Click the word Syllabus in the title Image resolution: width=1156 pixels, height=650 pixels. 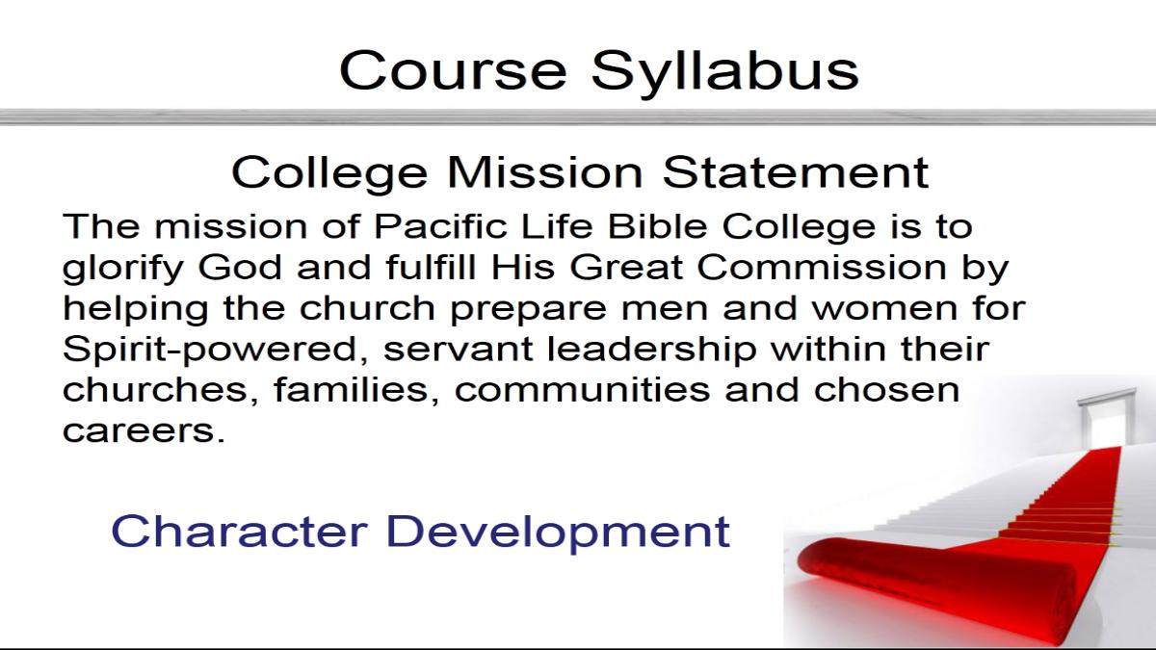point(724,73)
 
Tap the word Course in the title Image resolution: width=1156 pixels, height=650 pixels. point(453,70)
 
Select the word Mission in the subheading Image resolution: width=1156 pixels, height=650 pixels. point(544,171)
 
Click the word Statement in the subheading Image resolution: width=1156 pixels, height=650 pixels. point(796,171)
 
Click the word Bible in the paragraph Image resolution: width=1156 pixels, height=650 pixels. point(658,226)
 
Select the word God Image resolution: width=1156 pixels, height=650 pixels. point(240,267)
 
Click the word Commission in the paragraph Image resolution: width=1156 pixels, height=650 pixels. point(822,267)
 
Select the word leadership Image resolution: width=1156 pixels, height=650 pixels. point(651,351)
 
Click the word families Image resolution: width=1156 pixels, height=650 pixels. point(356,390)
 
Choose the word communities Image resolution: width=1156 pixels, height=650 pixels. point(582,390)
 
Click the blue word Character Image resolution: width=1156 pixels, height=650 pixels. point(240,531)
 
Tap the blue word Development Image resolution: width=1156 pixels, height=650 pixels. point(559,533)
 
